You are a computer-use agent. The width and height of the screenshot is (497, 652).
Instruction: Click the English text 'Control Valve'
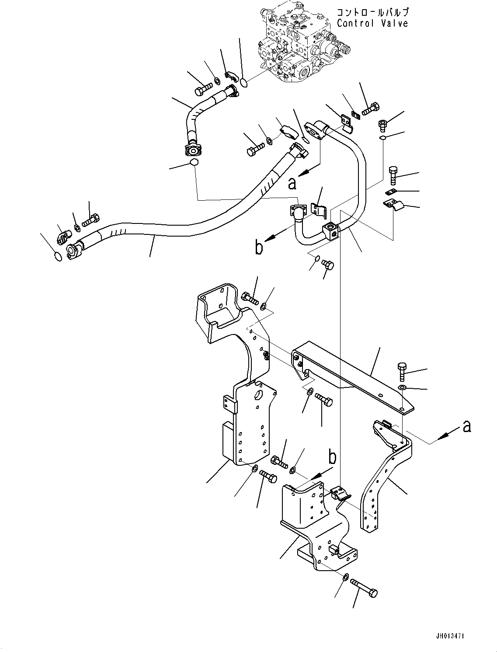click(372, 23)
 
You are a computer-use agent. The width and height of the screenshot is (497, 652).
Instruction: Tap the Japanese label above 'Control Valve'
click(372, 12)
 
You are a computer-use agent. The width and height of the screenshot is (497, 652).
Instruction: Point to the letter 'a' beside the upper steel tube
click(292, 183)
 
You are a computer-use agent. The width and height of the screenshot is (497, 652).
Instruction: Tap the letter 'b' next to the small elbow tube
click(259, 248)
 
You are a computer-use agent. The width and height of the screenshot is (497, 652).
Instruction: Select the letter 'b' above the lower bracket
click(333, 457)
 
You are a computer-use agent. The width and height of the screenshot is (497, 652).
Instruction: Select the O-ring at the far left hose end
click(57, 256)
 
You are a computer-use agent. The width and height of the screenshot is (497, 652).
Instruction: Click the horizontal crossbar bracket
click(350, 376)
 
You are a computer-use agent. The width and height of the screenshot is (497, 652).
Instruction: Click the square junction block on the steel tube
click(331, 231)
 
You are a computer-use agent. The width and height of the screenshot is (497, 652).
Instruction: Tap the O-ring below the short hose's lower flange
click(194, 163)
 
